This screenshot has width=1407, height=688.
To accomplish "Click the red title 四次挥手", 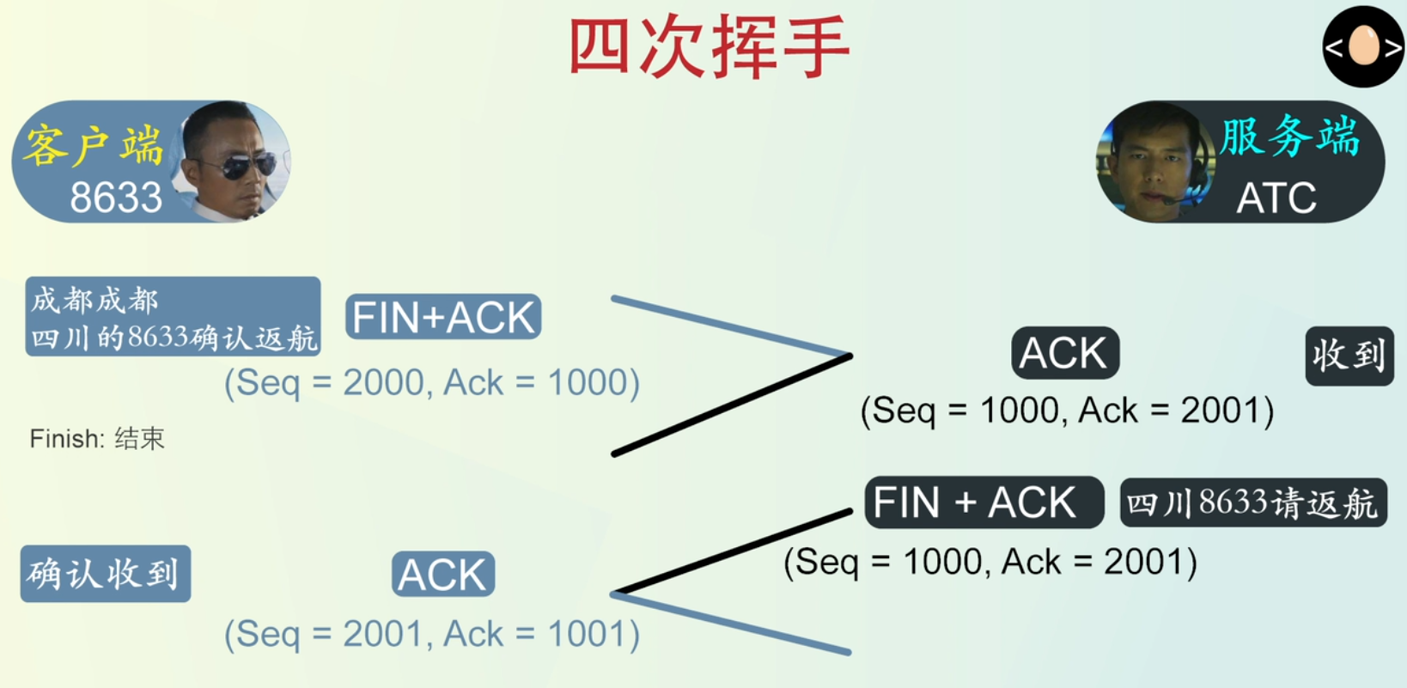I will coord(710,47).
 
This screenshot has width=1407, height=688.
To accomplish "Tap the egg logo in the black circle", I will coord(1363,46).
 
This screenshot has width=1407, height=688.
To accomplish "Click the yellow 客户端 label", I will coord(93,143).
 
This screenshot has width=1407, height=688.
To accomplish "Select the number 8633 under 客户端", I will coord(116,198).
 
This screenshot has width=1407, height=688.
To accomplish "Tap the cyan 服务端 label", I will coord(1289,137).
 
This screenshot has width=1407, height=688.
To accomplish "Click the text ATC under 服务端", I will coord(1276,198).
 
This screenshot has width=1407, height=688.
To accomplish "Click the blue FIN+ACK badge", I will coord(443,317).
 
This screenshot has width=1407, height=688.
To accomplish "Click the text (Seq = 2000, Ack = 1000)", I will coord(432,383).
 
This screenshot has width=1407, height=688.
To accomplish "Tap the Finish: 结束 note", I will coord(96,439).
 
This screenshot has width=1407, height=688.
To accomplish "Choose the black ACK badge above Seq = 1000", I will coord(1064,353).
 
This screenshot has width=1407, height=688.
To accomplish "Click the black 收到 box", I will coord(1349,355).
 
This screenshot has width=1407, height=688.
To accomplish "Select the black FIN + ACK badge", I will coord(983,502).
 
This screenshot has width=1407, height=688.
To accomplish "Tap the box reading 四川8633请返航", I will coord(1252,502).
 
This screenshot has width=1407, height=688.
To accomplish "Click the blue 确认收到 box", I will coord(105,574).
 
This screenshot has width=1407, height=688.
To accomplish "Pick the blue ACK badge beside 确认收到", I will coord(442,575).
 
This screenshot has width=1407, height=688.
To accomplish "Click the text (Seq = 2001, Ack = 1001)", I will coord(432,635).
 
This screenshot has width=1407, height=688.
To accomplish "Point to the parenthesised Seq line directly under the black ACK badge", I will coord(1067,411).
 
